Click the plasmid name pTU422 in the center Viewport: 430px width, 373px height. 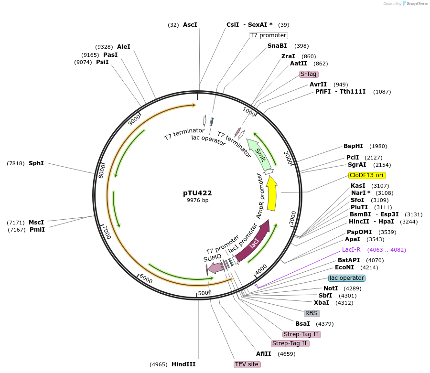(197, 193)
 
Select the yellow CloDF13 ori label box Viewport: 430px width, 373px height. (367, 175)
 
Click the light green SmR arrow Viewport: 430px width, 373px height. (258, 153)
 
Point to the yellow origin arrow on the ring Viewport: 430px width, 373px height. (272, 194)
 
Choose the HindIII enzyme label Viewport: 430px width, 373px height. (183, 364)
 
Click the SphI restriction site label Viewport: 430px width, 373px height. (36, 163)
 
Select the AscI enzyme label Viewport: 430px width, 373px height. (190, 24)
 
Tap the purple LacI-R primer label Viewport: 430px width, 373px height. (351, 250)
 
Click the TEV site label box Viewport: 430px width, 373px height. (247, 364)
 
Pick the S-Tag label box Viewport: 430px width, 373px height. (309, 74)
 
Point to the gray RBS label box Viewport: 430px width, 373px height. (312, 313)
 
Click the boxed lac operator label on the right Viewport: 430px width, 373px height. (347, 278)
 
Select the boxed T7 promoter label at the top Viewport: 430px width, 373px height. (269, 35)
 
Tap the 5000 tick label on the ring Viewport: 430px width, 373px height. (204, 292)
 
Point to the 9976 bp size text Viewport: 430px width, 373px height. (197, 201)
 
